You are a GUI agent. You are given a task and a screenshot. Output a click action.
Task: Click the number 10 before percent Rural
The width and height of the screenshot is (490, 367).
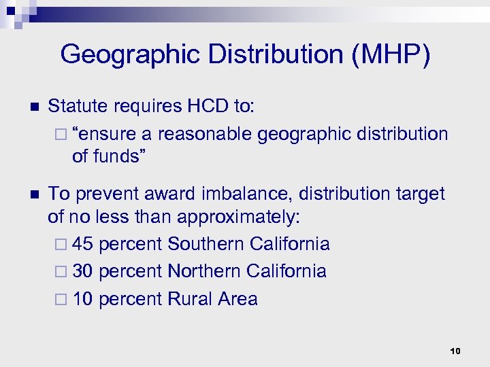82,299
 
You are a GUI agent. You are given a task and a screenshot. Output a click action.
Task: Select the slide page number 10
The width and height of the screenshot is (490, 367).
455,351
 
